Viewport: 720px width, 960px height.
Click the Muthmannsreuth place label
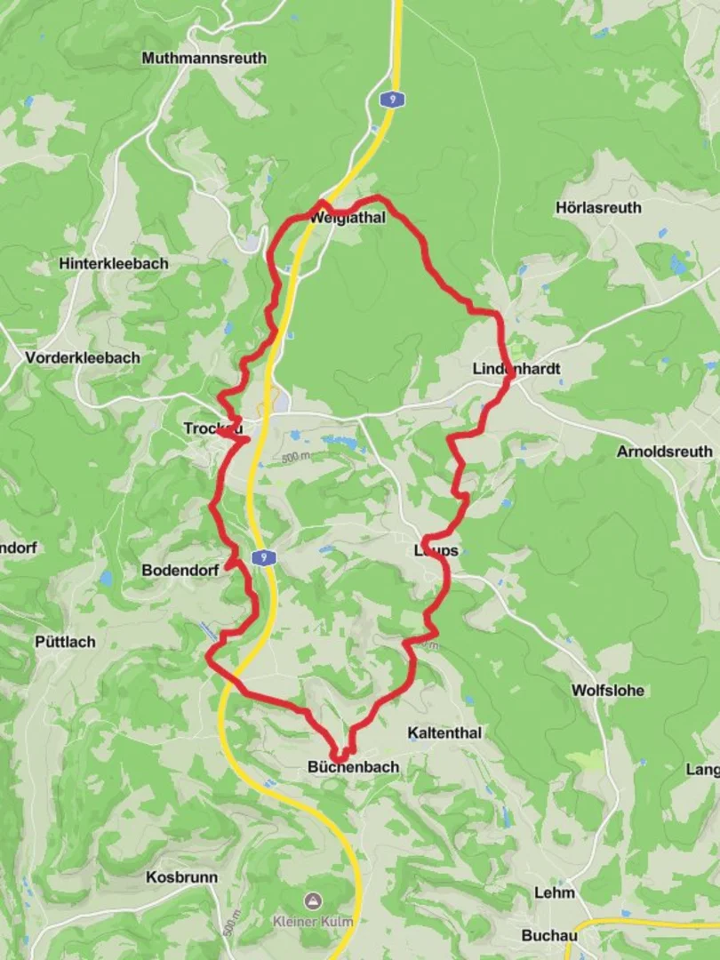204,59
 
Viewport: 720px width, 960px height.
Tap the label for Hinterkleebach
114,264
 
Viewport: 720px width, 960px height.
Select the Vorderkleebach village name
83,357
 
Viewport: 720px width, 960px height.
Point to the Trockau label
212,428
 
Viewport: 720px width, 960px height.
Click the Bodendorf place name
180,571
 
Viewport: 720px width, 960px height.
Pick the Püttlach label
65,642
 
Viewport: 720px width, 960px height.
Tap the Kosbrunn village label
181,877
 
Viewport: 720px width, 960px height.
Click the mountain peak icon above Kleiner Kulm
311,902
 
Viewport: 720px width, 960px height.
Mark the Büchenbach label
353,766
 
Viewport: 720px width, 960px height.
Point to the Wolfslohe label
608,691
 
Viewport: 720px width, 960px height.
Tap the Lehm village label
555,892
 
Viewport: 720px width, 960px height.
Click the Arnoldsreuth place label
664,452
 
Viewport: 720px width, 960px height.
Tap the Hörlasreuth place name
598,207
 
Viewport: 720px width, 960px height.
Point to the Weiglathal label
348,217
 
